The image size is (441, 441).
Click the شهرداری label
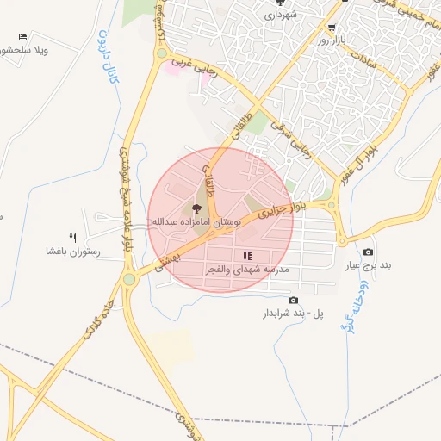pyautogui.click(x=282, y=15)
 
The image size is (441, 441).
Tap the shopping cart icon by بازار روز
pyautogui.click(x=332, y=27)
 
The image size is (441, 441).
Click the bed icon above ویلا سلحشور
pyautogui.click(x=22, y=37)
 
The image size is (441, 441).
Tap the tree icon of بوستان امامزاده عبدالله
pyautogui.click(x=196, y=208)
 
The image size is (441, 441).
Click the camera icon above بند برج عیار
pyautogui.click(x=369, y=252)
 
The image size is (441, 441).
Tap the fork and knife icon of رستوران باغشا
pyautogui.click(x=73, y=239)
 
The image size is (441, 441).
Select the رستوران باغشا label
pyautogui.click(x=74, y=252)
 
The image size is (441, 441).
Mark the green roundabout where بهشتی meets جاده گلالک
pyautogui.click(x=129, y=279)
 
